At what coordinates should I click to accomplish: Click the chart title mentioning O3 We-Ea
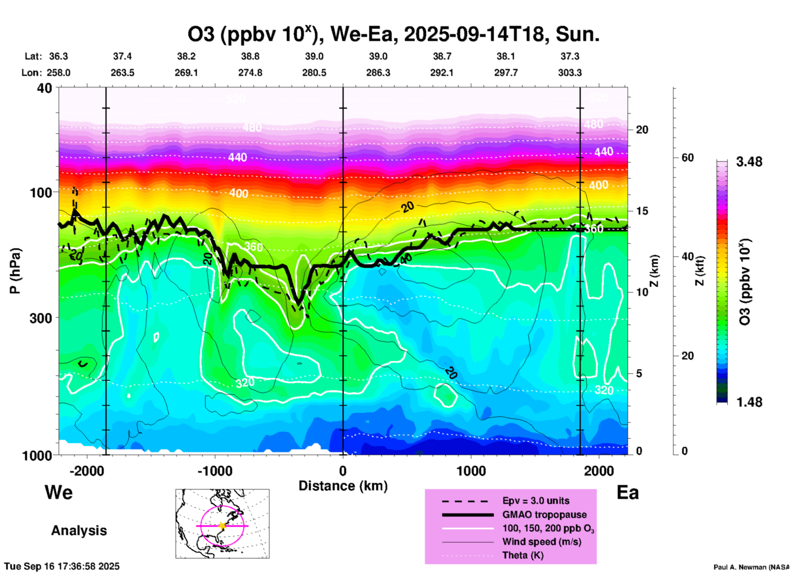coord(393,34)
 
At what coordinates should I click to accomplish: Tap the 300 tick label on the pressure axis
coord(41,318)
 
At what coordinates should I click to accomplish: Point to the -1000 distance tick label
coord(215,471)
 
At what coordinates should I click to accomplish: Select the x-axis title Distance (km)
coord(343,486)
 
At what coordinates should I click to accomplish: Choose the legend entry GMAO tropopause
coord(544,515)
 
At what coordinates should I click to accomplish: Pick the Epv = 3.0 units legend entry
coord(536,501)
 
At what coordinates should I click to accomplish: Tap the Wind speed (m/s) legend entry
coord(541,542)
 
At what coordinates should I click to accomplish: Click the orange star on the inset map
coord(222,526)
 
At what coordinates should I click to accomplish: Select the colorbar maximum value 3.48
coord(749,162)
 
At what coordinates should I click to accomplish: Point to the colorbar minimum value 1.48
coord(749,402)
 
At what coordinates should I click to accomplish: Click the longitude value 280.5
coord(314,73)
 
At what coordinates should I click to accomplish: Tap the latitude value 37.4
coord(122,56)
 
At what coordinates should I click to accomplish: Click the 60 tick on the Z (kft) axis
coord(687,158)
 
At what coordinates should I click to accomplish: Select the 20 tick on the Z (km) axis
coord(642,130)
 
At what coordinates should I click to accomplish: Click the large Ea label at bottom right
coord(628,493)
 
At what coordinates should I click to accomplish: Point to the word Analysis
coord(79,531)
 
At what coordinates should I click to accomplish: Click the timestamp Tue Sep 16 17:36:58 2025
coord(62,566)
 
